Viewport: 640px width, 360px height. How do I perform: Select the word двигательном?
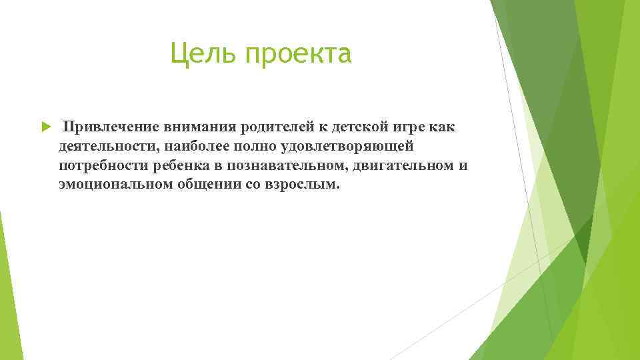coord(399,165)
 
